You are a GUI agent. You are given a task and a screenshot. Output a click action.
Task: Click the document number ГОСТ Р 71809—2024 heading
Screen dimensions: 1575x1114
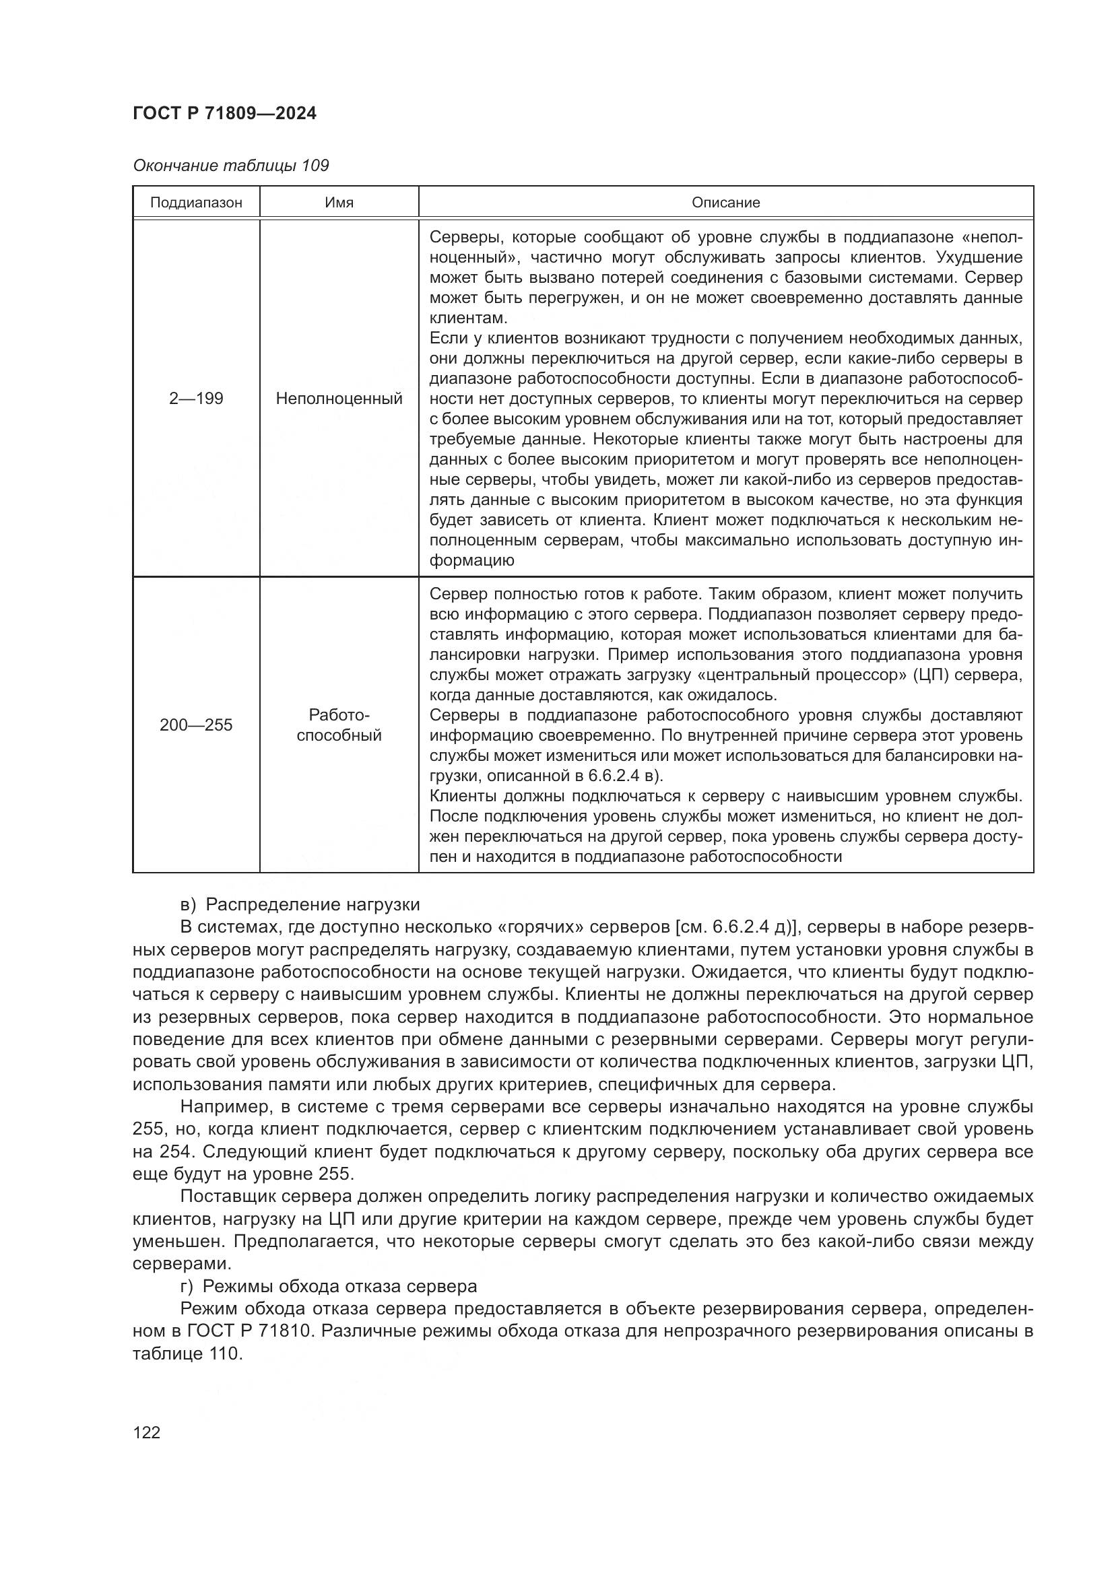224,114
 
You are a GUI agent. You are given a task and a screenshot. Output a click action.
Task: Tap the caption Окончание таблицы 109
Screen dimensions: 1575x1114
230,166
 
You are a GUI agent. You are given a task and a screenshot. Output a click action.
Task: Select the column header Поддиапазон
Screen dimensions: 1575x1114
196,203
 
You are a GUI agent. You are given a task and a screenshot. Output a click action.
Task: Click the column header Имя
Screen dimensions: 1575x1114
339,203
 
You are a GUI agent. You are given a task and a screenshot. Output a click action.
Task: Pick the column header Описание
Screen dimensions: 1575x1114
726,203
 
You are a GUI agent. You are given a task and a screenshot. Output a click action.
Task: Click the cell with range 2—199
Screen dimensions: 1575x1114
196,399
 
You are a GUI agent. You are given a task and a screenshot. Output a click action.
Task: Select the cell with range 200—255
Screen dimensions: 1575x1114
196,725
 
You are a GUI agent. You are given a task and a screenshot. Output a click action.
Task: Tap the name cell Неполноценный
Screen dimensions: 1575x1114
339,399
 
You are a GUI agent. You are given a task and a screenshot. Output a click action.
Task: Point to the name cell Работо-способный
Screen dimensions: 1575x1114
339,725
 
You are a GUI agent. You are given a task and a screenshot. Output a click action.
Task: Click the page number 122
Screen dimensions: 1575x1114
146,1432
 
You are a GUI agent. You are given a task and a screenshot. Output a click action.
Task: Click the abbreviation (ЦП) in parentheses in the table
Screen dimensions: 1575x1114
931,675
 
